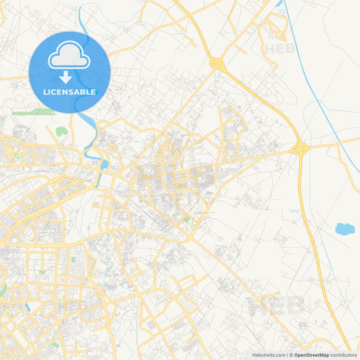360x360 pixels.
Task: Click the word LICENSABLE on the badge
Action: (70, 92)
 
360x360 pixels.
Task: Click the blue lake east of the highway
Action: (344, 229)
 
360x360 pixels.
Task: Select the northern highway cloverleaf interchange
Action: (217, 63)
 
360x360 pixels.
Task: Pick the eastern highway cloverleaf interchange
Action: (299, 148)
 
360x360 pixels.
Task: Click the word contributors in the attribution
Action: (343, 355)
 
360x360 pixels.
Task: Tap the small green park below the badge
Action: (61, 131)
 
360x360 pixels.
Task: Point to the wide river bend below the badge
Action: (103, 164)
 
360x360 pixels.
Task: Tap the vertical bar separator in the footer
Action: (286, 355)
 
